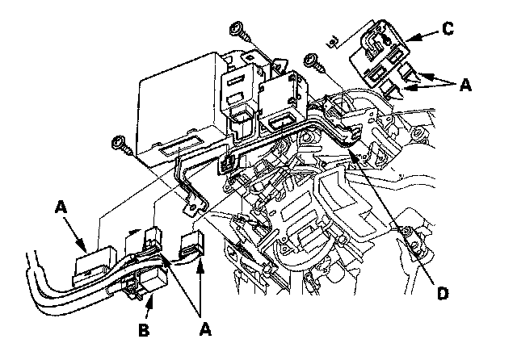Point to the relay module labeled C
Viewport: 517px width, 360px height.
pyautogui.click(x=376, y=57)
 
